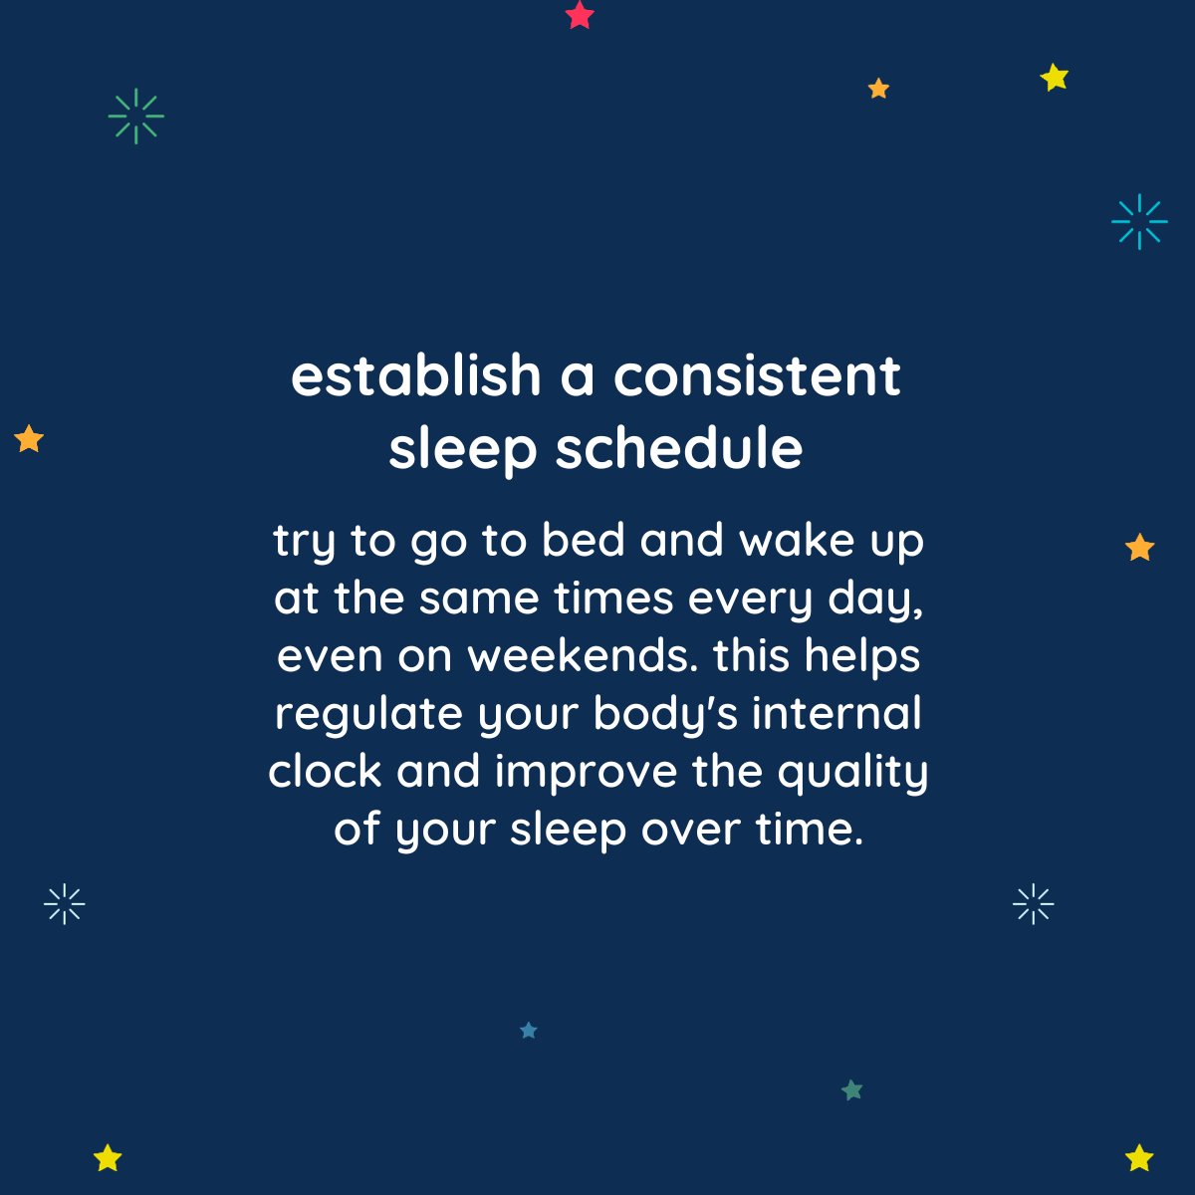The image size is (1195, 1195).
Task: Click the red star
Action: coord(580,15)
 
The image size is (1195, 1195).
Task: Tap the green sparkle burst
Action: coord(135,117)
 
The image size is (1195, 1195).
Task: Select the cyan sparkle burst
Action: coord(1139,221)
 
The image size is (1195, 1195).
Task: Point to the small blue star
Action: coord(529,1031)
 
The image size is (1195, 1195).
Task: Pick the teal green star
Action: coord(851,1090)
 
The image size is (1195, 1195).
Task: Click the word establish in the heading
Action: coord(415,376)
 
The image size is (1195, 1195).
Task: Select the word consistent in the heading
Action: coord(757,376)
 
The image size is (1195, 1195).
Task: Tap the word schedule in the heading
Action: coord(679,449)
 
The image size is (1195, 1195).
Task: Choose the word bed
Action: coord(583,541)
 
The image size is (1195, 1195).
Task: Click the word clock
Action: coord(325,772)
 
